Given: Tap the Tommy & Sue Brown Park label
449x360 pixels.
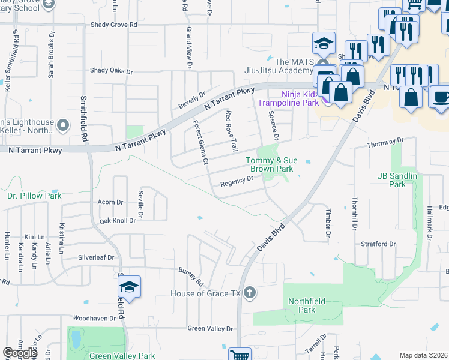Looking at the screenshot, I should tap(270, 164).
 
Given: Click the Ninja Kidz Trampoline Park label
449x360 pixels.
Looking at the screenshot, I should tap(288, 98).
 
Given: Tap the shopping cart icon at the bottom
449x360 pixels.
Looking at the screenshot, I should tap(240, 354).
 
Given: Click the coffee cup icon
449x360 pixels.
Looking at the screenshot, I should tap(441, 98).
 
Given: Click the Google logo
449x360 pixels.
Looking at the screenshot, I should tap(20, 353).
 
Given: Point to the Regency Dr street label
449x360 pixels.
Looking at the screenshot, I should tap(237, 182).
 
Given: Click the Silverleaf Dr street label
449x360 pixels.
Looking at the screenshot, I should tap(96, 257).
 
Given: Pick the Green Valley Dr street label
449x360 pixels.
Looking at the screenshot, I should tap(209, 328).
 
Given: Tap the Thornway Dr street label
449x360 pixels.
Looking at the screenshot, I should tap(385, 143).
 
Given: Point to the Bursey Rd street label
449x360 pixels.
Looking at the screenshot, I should tap(191, 277).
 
